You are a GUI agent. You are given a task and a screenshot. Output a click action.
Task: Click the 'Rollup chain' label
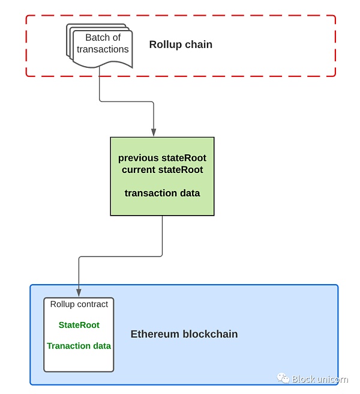point(181,44)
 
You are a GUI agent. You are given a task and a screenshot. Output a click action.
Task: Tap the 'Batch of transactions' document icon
point(100,46)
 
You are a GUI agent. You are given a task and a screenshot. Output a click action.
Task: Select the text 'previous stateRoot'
point(162,158)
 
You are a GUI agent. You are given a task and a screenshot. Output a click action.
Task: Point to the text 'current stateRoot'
point(162,169)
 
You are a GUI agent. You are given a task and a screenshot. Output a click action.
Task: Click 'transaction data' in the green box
point(162,193)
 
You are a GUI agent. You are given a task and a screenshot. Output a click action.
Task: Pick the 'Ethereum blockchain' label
point(184,334)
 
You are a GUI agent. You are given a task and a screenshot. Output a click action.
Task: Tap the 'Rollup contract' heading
point(79,305)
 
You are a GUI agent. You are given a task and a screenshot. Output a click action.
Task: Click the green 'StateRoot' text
point(79,325)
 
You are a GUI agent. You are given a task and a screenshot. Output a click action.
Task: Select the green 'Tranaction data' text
point(79,346)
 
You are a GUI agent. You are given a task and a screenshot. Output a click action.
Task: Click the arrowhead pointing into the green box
point(154,132)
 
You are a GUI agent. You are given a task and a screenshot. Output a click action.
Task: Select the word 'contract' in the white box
point(92,305)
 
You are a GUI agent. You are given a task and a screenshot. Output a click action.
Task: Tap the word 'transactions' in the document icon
point(103,49)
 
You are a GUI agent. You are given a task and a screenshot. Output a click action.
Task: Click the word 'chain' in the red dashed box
point(199,44)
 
